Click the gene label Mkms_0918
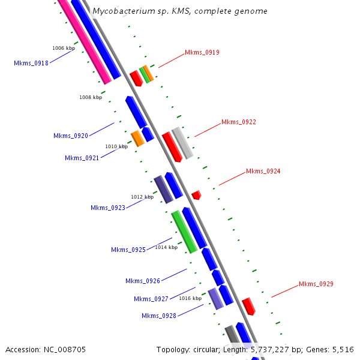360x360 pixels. [x=31, y=63]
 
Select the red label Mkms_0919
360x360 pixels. [x=202, y=52]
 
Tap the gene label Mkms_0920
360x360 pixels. [x=71, y=136]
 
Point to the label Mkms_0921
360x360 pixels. [x=82, y=158]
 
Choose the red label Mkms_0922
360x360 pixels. [x=239, y=122]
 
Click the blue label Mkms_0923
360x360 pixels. [x=108, y=208]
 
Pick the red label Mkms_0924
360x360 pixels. [x=263, y=171]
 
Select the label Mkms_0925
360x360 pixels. [x=128, y=250]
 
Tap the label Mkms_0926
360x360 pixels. [x=143, y=281]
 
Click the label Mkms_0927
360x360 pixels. [x=151, y=299]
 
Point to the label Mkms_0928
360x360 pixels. [x=159, y=316]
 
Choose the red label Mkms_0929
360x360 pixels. [x=316, y=284]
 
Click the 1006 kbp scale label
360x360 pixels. [x=64, y=48]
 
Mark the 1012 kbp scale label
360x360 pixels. [x=142, y=197]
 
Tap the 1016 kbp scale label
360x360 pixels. [x=190, y=298]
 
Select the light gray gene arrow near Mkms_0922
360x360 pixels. [x=182, y=143]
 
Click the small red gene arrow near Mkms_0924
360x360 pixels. [x=196, y=195]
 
